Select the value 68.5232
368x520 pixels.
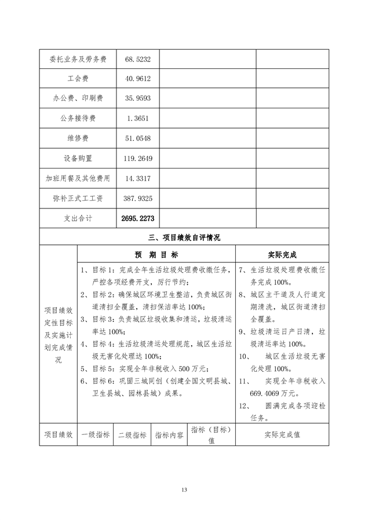137,59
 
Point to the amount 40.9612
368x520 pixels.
137,79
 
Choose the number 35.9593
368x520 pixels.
137,98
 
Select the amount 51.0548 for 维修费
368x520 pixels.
137,138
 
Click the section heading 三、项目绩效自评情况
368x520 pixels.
184,237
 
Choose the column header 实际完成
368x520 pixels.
282,254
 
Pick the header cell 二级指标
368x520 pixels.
132,434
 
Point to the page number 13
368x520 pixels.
184,490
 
